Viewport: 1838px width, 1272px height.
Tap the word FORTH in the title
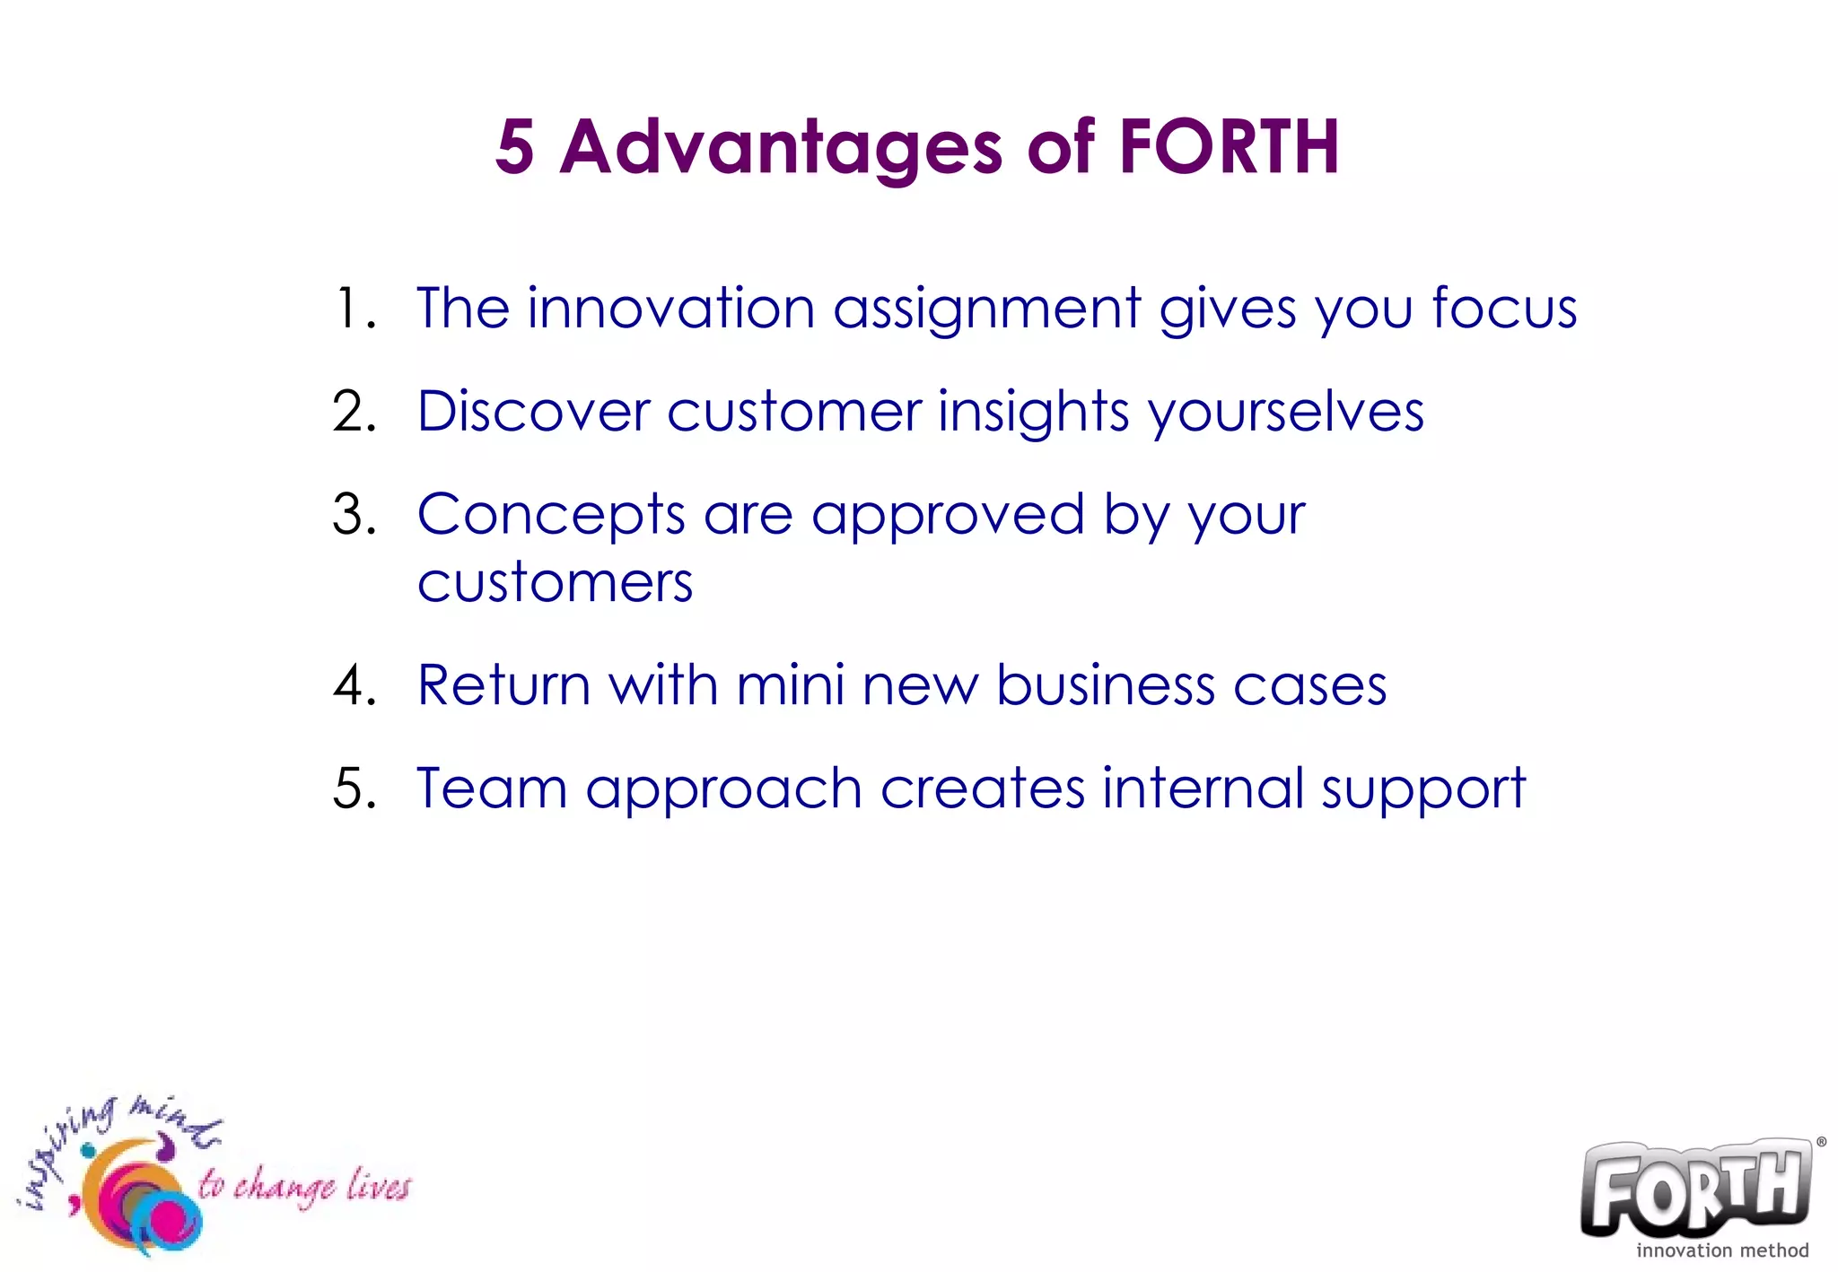point(1229,147)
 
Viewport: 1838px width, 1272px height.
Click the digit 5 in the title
point(515,147)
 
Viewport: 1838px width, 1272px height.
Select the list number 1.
point(353,309)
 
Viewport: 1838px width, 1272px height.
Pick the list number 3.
point(353,516)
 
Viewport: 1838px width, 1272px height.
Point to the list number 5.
point(353,789)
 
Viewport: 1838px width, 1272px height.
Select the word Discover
point(533,413)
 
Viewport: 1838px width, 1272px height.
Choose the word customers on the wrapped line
point(555,584)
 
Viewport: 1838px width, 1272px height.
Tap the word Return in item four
point(503,686)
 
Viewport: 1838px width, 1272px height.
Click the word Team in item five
point(492,789)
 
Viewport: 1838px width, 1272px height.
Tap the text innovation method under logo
point(1721,1250)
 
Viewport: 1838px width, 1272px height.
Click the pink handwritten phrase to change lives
point(303,1186)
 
